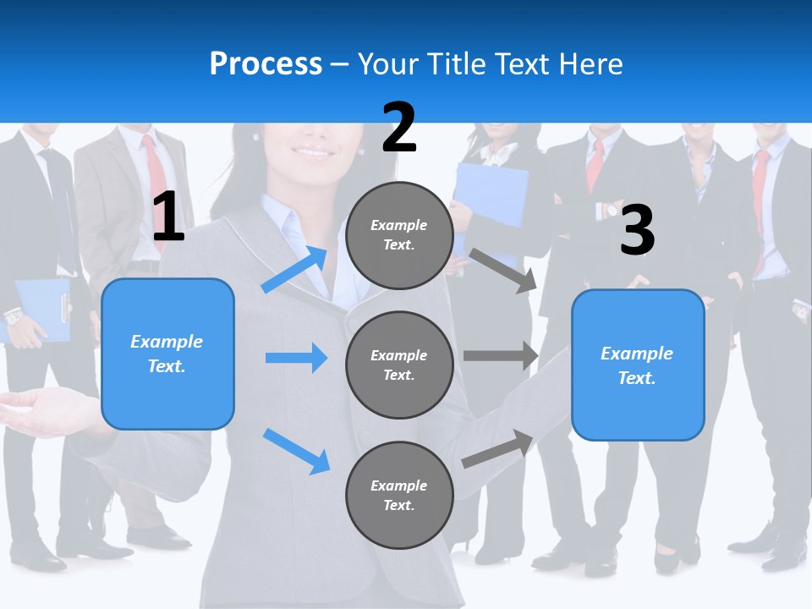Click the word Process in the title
click(266, 63)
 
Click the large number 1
click(168, 217)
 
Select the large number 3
click(637, 230)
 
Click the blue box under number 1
click(167, 354)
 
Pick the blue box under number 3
click(638, 365)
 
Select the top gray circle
click(399, 235)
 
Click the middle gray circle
click(399, 365)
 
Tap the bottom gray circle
click(399, 495)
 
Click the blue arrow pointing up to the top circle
click(295, 269)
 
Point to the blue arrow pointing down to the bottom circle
click(296, 450)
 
